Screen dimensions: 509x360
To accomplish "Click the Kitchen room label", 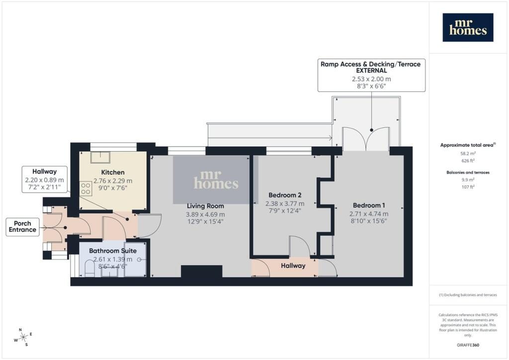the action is tap(113, 173).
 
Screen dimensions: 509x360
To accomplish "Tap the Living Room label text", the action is tap(205, 206).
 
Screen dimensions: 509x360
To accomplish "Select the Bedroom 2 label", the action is tap(285, 195).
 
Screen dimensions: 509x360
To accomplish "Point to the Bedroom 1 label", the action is tap(369, 205).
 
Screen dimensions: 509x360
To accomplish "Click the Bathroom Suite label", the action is tap(113, 251).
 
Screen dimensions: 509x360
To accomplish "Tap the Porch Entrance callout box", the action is tap(22, 227).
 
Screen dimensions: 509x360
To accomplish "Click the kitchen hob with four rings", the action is tap(85, 188).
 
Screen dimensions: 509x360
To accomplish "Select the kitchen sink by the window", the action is tap(100, 157).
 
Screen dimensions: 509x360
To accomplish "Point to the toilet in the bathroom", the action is tap(89, 269).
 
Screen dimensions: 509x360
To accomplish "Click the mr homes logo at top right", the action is tap(468, 27).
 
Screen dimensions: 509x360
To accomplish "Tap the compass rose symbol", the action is tap(23, 337).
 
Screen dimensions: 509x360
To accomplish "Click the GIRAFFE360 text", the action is tap(468, 345).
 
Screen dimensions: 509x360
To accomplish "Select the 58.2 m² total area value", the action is tap(467, 153).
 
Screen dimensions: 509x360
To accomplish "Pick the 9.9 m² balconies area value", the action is tap(467, 180).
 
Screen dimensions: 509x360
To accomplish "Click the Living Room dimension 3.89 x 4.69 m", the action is tap(205, 214).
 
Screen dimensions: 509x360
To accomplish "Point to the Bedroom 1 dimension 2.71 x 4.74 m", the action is tap(369, 214).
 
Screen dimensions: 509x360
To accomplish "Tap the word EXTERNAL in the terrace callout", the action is tap(371, 71).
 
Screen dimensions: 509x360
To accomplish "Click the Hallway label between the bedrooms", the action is tap(293, 266).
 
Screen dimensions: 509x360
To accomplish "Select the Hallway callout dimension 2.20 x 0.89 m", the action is tap(44, 180).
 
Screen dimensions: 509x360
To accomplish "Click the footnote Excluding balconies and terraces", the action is tap(468, 295).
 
